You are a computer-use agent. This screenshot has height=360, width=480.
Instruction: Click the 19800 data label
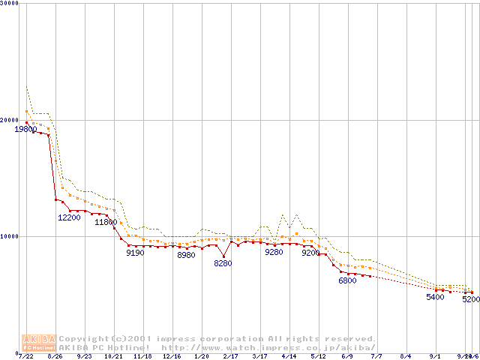point(25,129)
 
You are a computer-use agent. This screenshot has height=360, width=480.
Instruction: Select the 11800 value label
point(106,223)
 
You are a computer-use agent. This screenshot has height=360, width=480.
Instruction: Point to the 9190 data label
point(135,253)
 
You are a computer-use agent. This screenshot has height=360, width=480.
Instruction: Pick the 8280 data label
point(223,263)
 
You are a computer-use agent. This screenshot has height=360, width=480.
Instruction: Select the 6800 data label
point(347,280)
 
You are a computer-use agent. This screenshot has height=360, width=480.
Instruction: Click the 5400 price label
point(435,297)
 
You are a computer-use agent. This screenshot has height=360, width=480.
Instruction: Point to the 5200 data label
point(471,299)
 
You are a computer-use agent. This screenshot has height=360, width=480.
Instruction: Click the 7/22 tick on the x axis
point(25,356)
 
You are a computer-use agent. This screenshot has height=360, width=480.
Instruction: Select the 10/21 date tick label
point(113,356)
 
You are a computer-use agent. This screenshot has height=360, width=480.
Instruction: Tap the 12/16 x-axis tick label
point(172,356)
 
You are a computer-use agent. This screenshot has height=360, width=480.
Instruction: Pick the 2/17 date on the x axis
point(230,356)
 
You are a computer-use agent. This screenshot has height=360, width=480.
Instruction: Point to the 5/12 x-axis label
point(318,356)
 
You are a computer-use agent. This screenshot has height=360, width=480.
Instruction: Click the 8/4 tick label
point(406,356)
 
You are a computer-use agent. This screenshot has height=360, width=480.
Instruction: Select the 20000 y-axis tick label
point(8,119)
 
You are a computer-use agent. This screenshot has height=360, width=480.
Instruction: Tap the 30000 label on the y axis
point(8,3)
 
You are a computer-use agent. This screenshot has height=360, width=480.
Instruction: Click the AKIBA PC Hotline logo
point(39,343)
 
